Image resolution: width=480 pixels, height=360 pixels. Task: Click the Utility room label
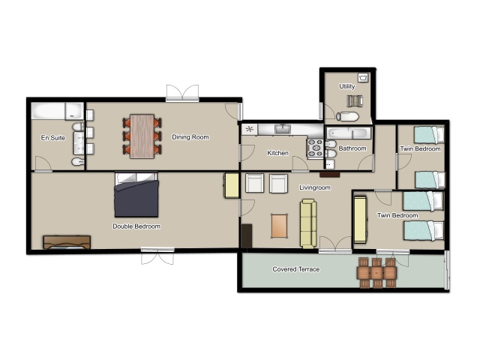point(346,86)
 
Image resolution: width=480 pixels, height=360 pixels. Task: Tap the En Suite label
point(53,138)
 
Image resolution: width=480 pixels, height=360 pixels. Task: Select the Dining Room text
point(190,136)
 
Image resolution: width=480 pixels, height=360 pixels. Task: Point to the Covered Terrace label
point(296,269)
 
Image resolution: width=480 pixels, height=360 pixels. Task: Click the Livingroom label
point(315,187)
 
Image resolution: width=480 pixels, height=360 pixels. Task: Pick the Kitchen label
point(277,153)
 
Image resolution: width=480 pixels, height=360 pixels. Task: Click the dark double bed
point(136,195)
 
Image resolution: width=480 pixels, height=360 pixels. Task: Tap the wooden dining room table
point(142,136)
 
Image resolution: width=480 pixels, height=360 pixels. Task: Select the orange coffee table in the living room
point(279,226)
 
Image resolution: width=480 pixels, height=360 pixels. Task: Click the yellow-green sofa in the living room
point(308,223)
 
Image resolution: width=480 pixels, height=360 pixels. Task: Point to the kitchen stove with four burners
point(315,148)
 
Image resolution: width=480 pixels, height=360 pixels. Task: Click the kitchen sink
point(283,129)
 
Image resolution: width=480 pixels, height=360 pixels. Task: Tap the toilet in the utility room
point(347,116)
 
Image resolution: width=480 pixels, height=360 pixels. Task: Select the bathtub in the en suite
point(57,111)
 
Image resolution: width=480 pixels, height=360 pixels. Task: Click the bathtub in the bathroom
point(348,133)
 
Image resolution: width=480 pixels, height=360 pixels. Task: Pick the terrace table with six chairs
point(376,273)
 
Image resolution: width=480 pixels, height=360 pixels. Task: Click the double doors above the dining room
point(182,93)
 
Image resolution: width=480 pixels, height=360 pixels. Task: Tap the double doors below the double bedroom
point(157,256)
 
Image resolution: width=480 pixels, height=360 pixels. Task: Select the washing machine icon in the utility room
point(363,78)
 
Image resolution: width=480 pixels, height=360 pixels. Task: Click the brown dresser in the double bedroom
point(67,242)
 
